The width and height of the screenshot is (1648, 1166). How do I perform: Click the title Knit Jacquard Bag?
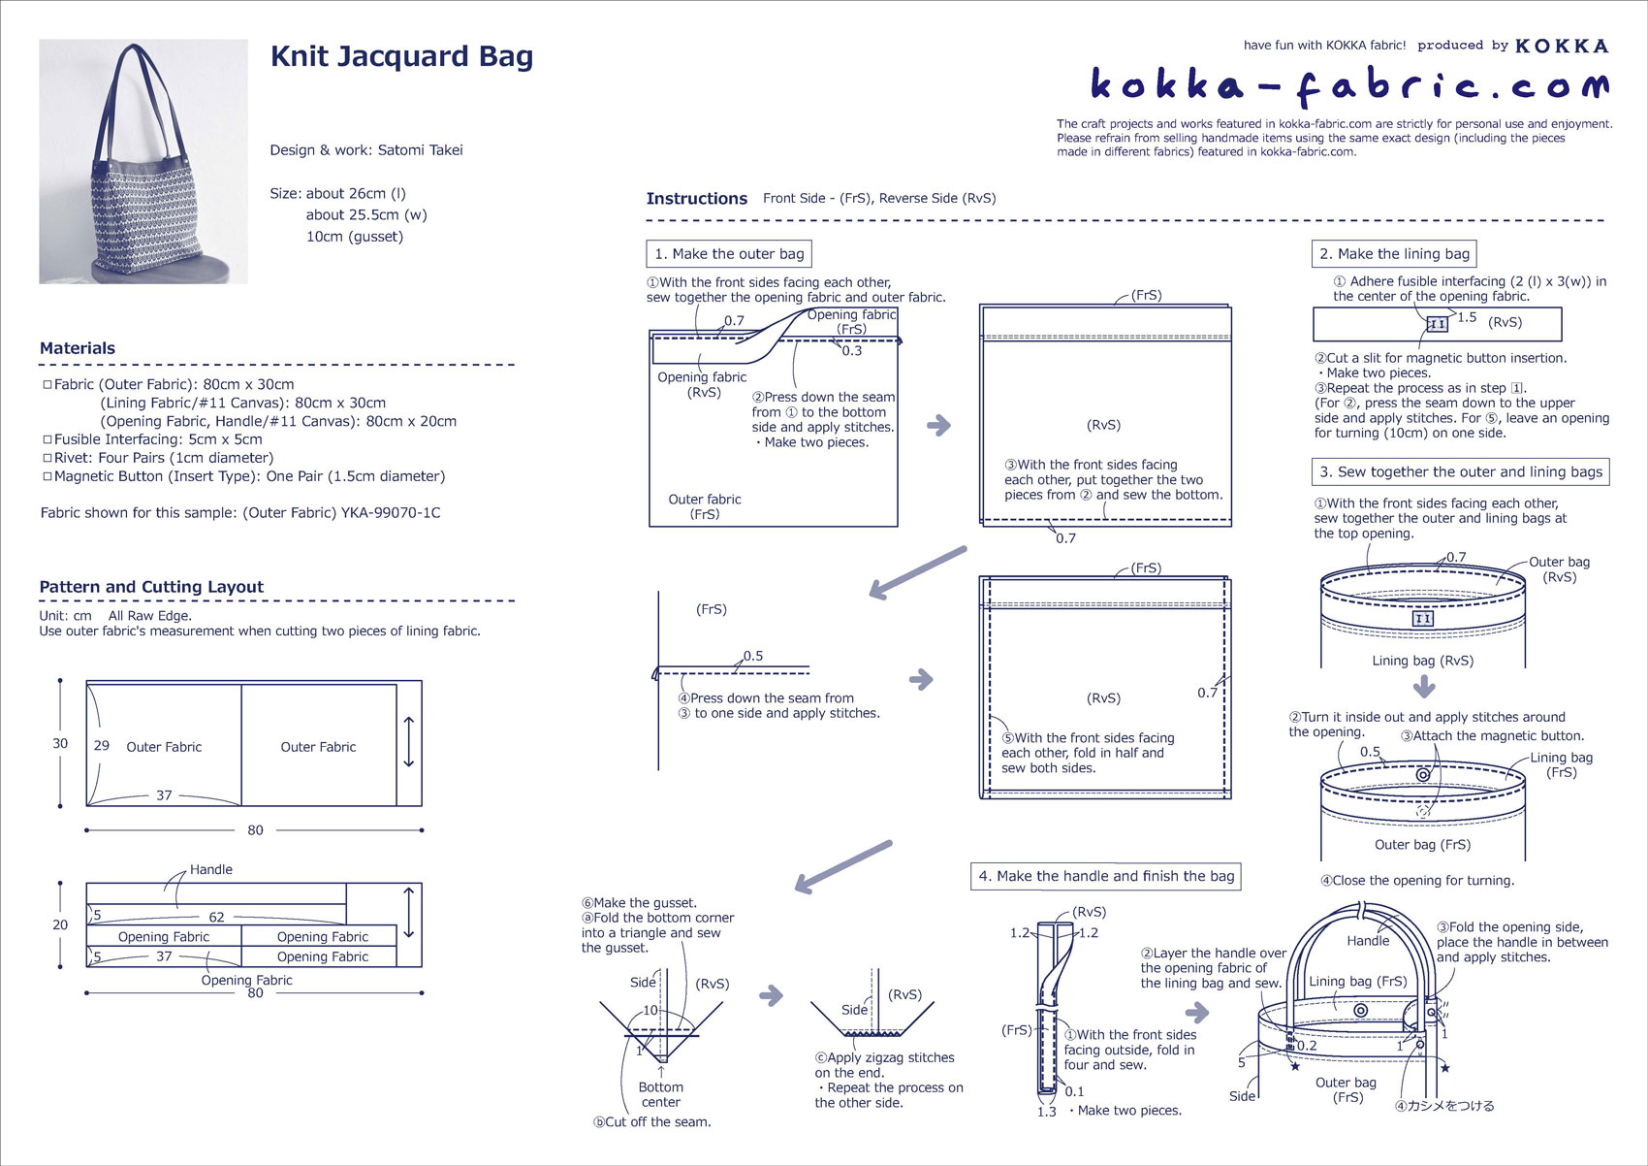tap(401, 56)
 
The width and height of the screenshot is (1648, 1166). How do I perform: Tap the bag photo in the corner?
tap(143, 161)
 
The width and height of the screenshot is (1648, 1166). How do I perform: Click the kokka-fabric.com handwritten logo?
tap(1348, 86)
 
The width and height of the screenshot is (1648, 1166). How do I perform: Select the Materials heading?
tap(78, 348)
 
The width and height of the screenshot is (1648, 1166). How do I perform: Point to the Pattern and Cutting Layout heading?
tap(151, 587)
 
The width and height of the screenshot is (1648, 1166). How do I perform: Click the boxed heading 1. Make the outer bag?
tap(729, 254)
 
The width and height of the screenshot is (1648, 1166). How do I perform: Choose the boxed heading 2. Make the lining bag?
tap(1393, 254)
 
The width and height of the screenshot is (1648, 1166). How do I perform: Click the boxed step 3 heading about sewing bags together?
tap(1460, 472)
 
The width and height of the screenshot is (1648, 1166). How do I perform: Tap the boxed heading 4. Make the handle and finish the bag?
tap(1105, 876)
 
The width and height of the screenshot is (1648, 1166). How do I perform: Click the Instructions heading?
tap(696, 199)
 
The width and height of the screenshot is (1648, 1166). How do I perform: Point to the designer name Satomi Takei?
tap(420, 150)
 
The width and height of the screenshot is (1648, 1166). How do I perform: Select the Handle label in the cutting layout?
tap(210, 869)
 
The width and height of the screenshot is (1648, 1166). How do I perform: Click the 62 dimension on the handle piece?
tap(216, 917)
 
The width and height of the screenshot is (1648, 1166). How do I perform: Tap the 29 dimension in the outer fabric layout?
tap(102, 746)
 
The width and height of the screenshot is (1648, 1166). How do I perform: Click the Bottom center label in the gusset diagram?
tap(660, 1094)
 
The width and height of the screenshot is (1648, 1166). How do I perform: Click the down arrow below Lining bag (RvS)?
tap(1423, 688)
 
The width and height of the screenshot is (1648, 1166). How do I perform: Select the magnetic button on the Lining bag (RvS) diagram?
tap(1423, 619)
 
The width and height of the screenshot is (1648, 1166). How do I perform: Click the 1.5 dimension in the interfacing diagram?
tap(1467, 317)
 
